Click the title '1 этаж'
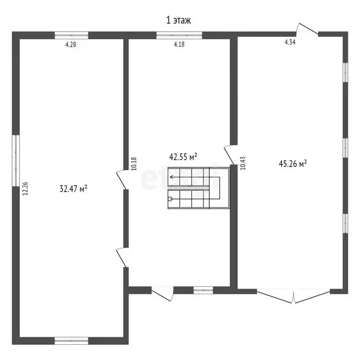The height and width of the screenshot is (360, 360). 179,20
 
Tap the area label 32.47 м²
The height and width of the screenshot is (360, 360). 74,189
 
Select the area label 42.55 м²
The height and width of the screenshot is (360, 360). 183,157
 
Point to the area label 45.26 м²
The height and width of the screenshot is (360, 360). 292,164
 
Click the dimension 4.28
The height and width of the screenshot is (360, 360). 70,45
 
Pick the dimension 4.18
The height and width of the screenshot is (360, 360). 179,45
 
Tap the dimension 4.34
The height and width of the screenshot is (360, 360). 290,43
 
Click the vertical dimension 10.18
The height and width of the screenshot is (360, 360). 134,162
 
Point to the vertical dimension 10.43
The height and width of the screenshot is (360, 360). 242,163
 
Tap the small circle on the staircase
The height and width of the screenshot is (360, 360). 170,199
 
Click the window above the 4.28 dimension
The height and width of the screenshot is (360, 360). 71,34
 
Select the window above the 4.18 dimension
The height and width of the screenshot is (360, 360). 179,34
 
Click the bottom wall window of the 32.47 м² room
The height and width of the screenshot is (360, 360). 71,339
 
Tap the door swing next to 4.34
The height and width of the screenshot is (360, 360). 307,29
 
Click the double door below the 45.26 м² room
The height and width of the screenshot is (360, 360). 294,295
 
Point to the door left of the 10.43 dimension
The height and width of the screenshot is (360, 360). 230,152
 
